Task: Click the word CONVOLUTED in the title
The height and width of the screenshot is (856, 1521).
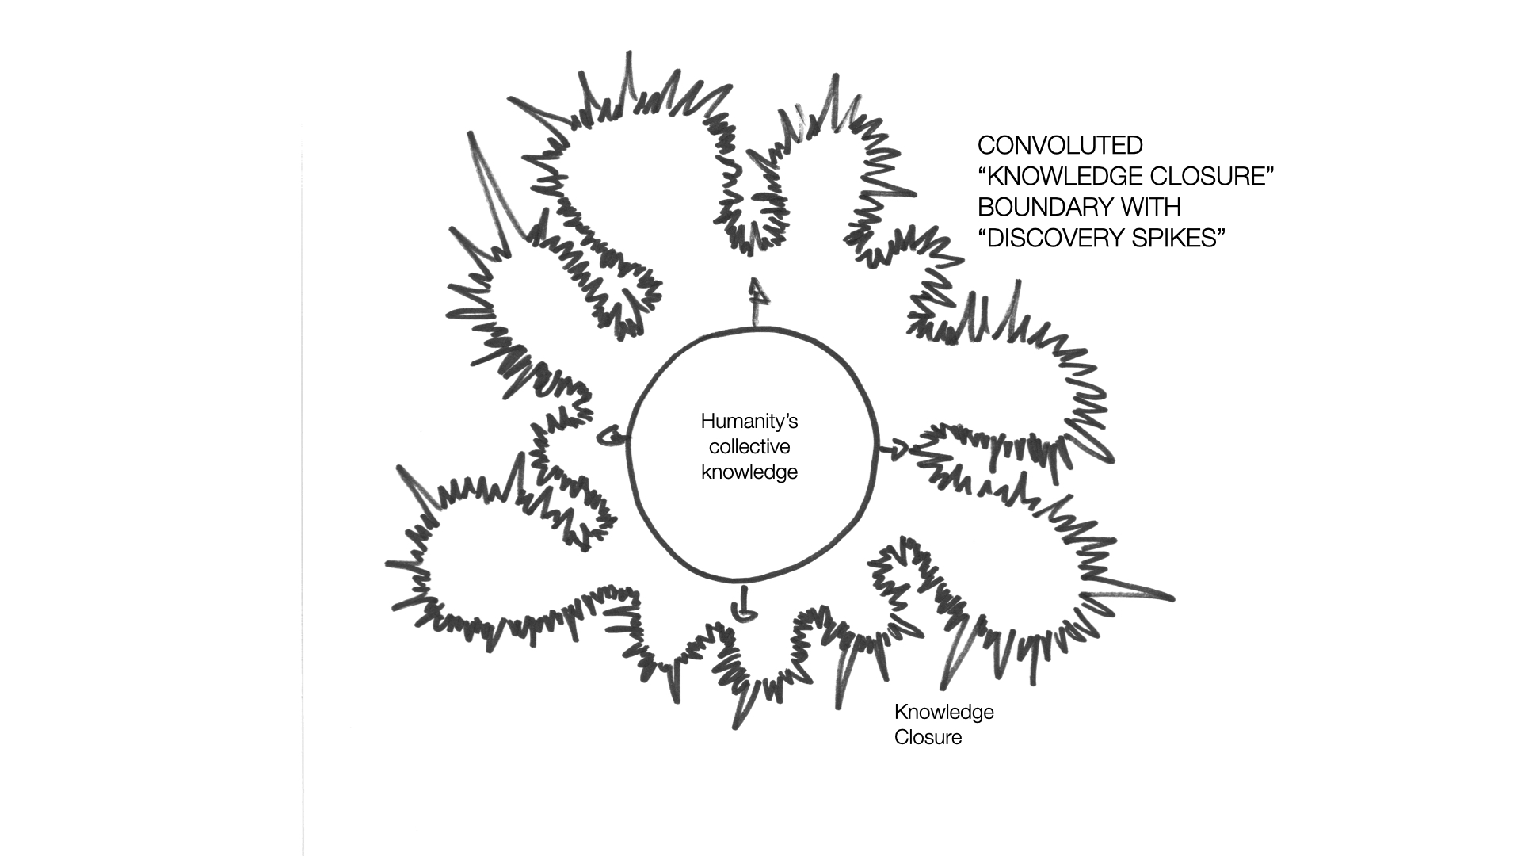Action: pos(1060,145)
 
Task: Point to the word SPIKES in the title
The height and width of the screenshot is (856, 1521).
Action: pos(1183,238)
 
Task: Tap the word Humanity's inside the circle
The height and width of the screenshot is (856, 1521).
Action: pos(749,421)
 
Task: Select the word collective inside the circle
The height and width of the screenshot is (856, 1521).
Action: pos(749,446)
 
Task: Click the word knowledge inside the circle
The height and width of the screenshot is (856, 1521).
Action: pos(749,472)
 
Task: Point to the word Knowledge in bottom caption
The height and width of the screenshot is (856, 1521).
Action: pos(944,712)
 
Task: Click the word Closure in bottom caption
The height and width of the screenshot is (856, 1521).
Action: pos(928,737)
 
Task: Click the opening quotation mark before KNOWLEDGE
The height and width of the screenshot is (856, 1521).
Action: pos(983,170)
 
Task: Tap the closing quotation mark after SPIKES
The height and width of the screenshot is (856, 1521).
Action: pos(1221,231)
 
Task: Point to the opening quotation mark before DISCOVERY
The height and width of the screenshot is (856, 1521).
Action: pos(983,231)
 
